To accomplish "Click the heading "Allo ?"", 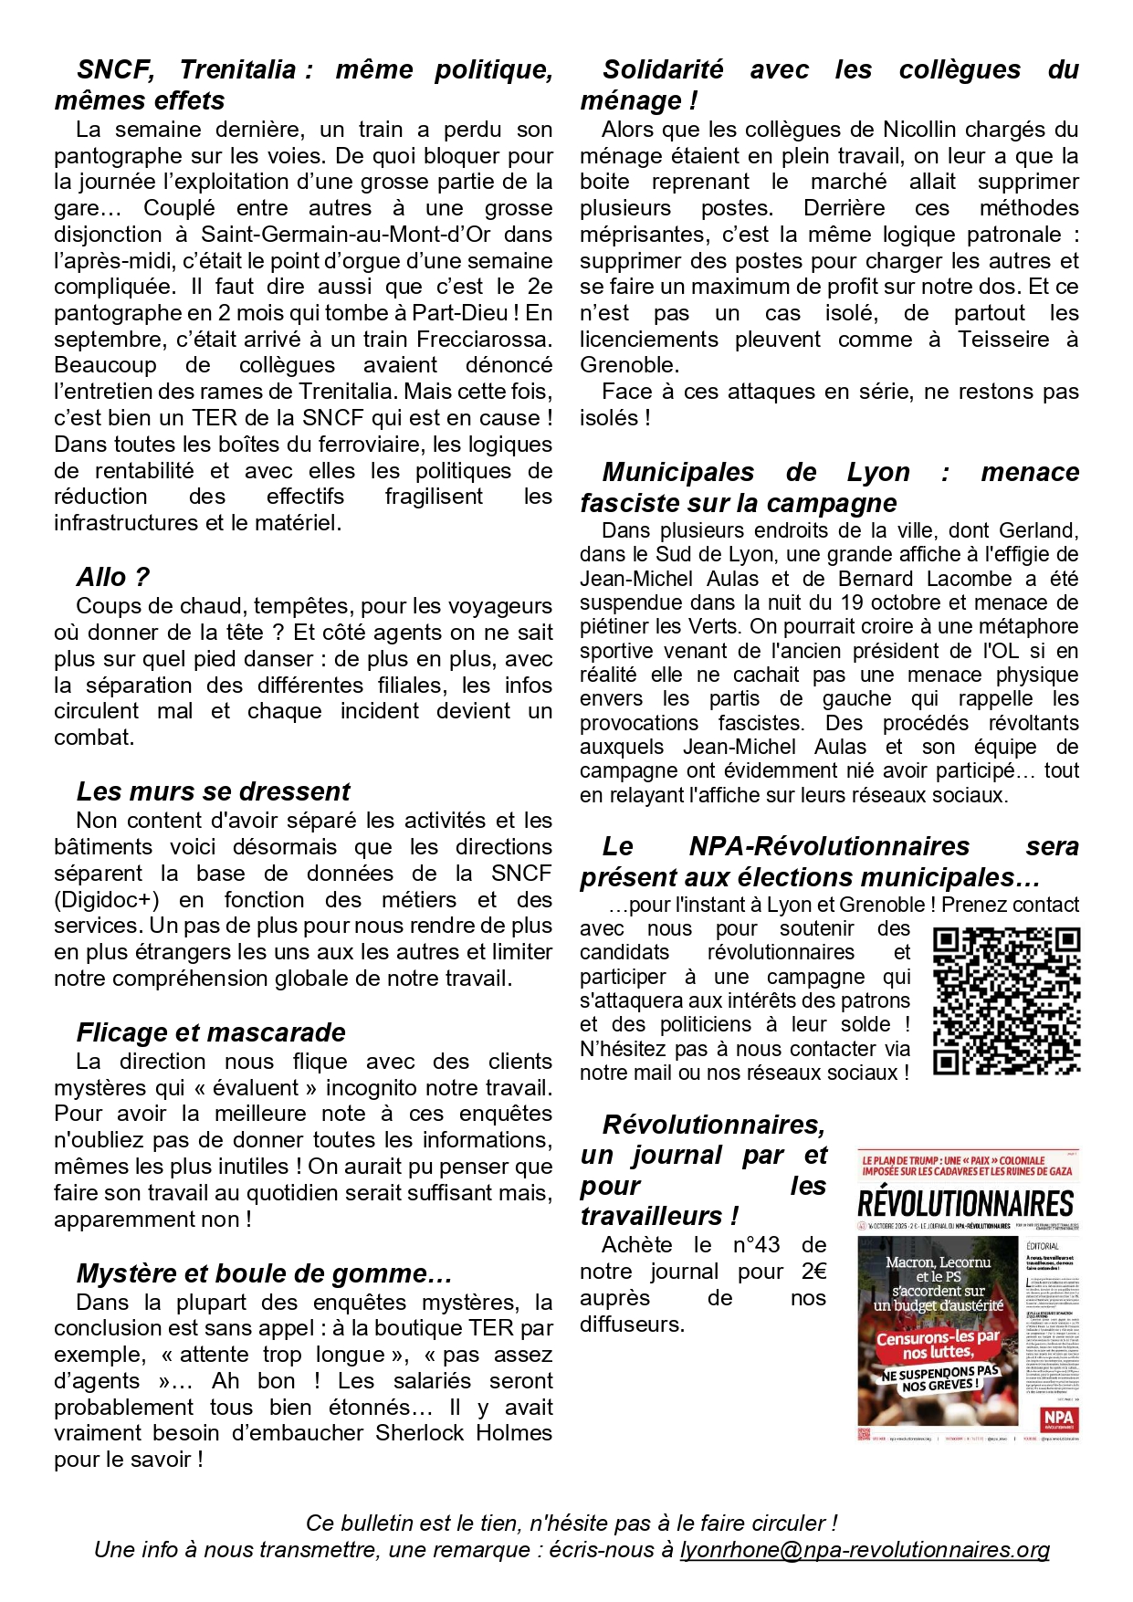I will pyautogui.click(x=112, y=577).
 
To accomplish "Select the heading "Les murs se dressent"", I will pyautogui.click(x=213, y=791).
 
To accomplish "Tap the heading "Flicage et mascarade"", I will pyautogui.click(x=211, y=1031).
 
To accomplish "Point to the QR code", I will pyautogui.click(x=1006, y=1000).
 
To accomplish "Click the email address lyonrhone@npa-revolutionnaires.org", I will pyautogui.click(x=864, y=1549).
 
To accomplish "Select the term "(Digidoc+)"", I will pyautogui.click(x=107, y=899).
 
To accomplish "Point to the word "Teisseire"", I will pyautogui.click(x=1003, y=339).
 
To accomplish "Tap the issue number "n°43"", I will pyautogui.click(x=756, y=1244).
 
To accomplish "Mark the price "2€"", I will pyautogui.click(x=813, y=1271).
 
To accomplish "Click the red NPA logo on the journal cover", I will pyautogui.click(x=1058, y=1419).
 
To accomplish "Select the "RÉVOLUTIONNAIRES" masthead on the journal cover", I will pyautogui.click(x=966, y=1202).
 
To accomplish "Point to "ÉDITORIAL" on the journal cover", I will pyautogui.click(x=1043, y=1245).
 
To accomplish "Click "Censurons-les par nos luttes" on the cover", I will pyautogui.click(x=938, y=1345).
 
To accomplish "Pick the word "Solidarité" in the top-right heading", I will pyautogui.click(x=663, y=69).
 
